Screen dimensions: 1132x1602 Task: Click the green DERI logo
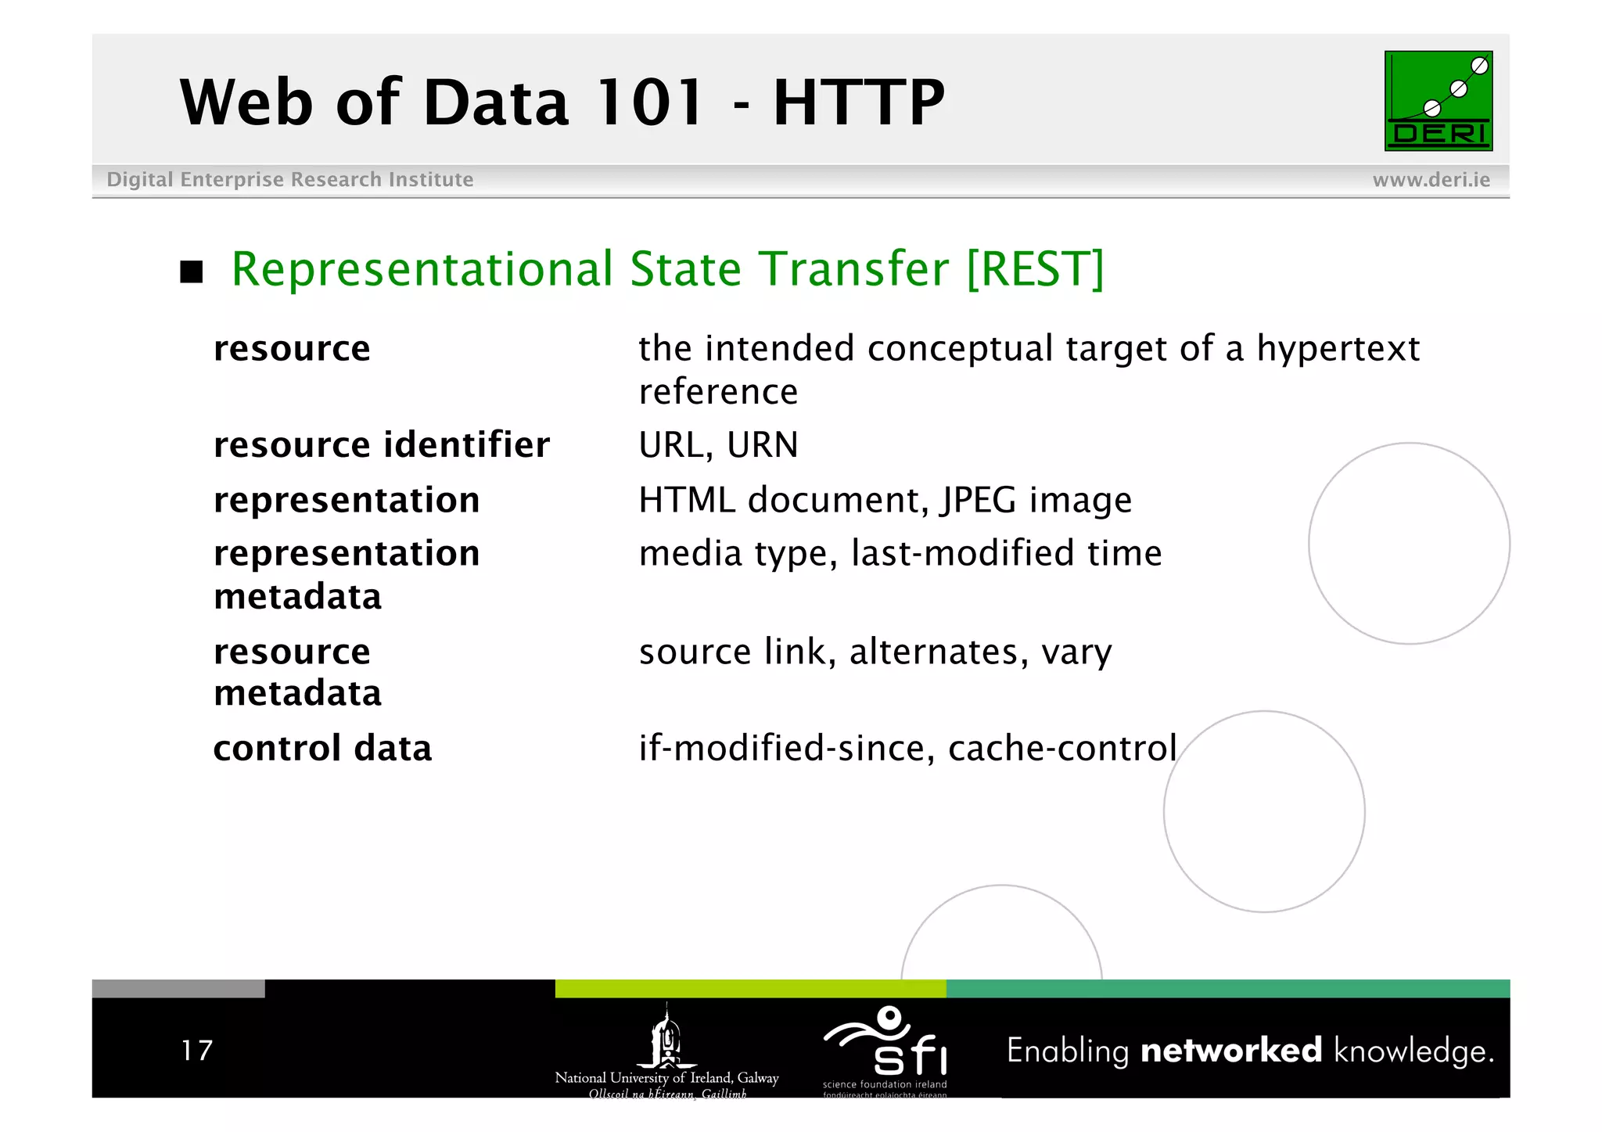coord(1438,101)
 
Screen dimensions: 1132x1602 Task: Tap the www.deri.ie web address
coord(1431,180)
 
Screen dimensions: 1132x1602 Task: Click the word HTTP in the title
coord(858,102)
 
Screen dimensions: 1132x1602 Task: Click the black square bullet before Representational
coord(192,271)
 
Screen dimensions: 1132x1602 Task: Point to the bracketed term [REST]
coord(1035,269)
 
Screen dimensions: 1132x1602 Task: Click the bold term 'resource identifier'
coord(382,444)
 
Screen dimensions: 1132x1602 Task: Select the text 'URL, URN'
coord(718,444)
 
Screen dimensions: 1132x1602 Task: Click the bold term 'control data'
coord(322,748)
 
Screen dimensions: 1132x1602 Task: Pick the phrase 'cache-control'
coord(1061,748)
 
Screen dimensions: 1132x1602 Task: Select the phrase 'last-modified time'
coord(1006,553)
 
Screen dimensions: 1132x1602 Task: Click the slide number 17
coord(196,1050)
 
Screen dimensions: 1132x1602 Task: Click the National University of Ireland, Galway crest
coord(666,1039)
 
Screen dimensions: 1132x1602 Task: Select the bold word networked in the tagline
coord(1230,1050)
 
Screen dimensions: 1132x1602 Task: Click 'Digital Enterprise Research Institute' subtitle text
coord(289,180)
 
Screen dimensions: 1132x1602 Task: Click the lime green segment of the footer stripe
coord(750,989)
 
